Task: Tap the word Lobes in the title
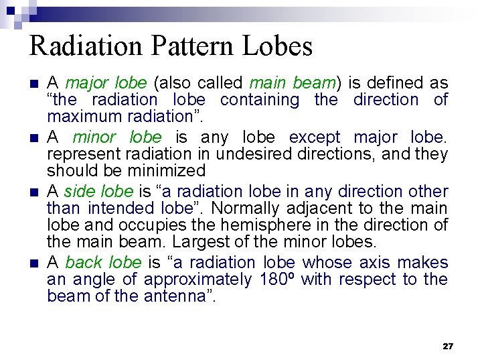click(x=280, y=46)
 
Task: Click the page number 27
click(x=448, y=346)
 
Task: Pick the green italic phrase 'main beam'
click(x=292, y=83)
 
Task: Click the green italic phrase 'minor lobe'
click(x=117, y=137)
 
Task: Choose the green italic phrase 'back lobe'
click(x=103, y=262)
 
